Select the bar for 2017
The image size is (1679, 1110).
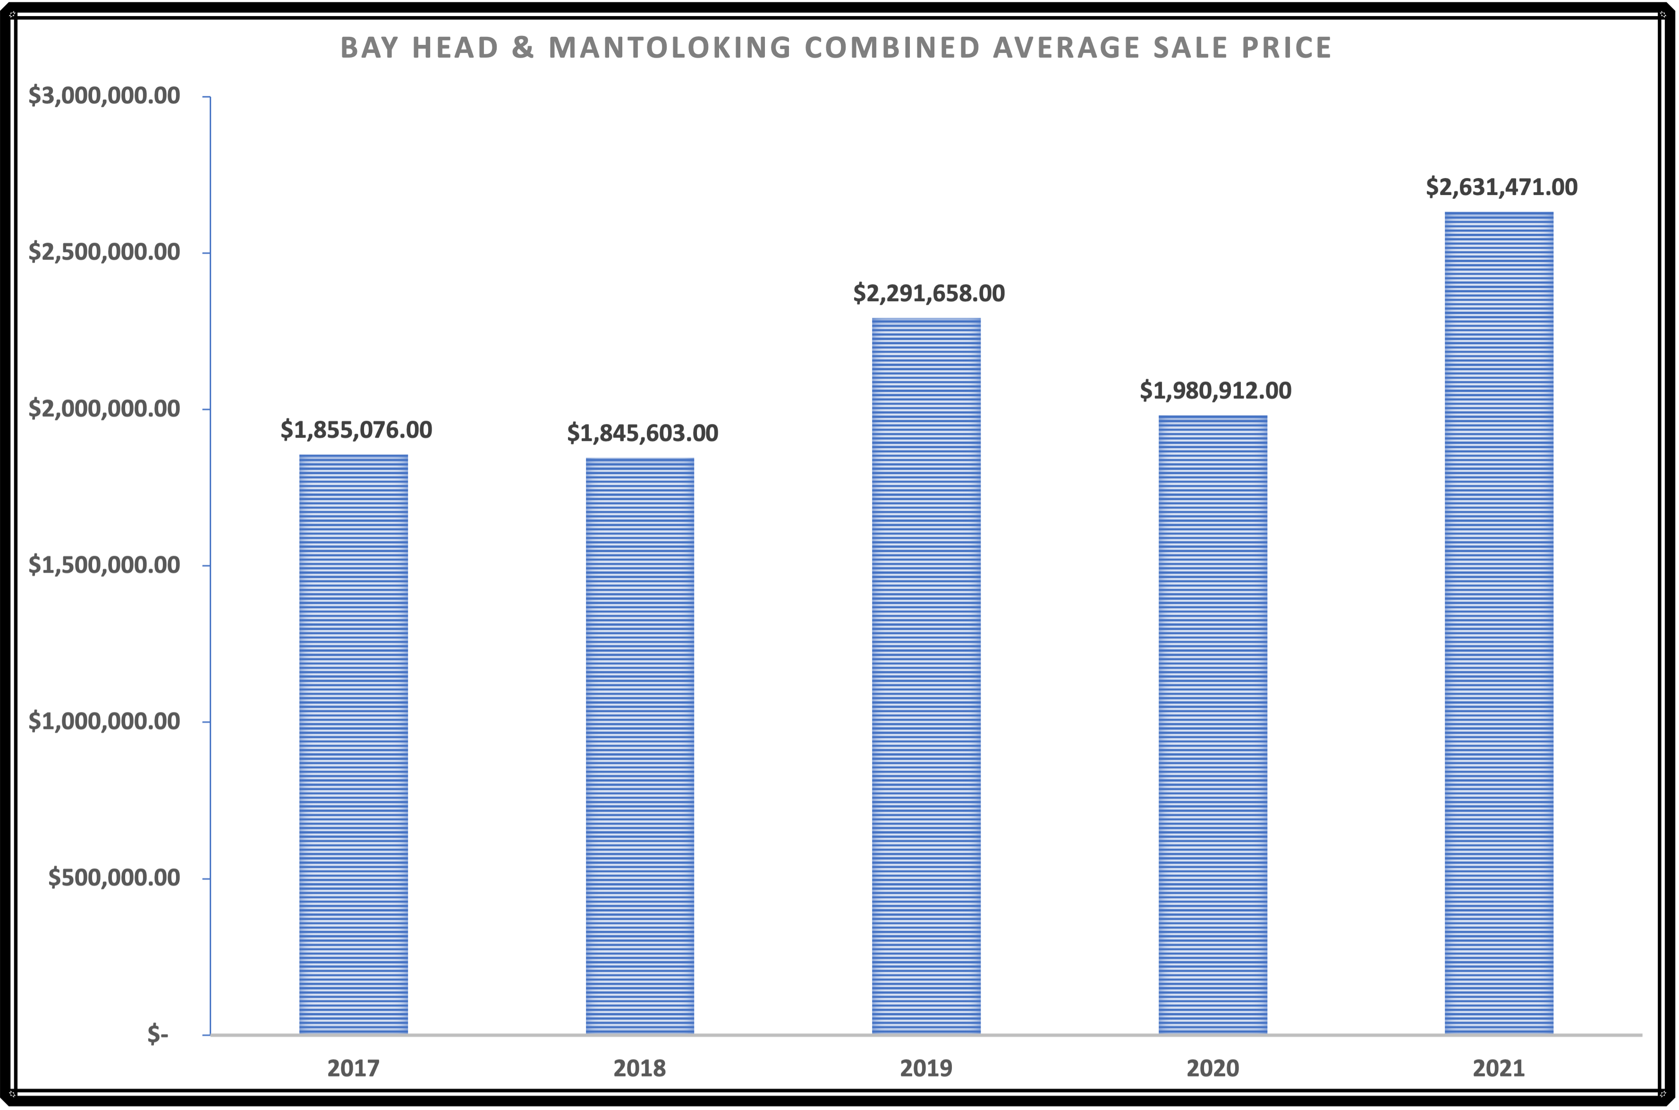[x=354, y=743]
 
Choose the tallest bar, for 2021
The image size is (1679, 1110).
[x=1499, y=623]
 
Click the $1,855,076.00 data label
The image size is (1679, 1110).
[x=356, y=430]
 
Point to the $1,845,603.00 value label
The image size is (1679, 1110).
[x=642, y=432]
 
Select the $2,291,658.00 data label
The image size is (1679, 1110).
[x=929, y=293]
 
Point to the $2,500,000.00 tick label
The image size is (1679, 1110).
[x=104, y=252]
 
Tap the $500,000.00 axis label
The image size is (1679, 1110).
[x=114, y=878]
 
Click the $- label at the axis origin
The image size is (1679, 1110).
[x=158, y=1035]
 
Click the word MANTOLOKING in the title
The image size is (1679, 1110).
[x=670, y=47]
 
